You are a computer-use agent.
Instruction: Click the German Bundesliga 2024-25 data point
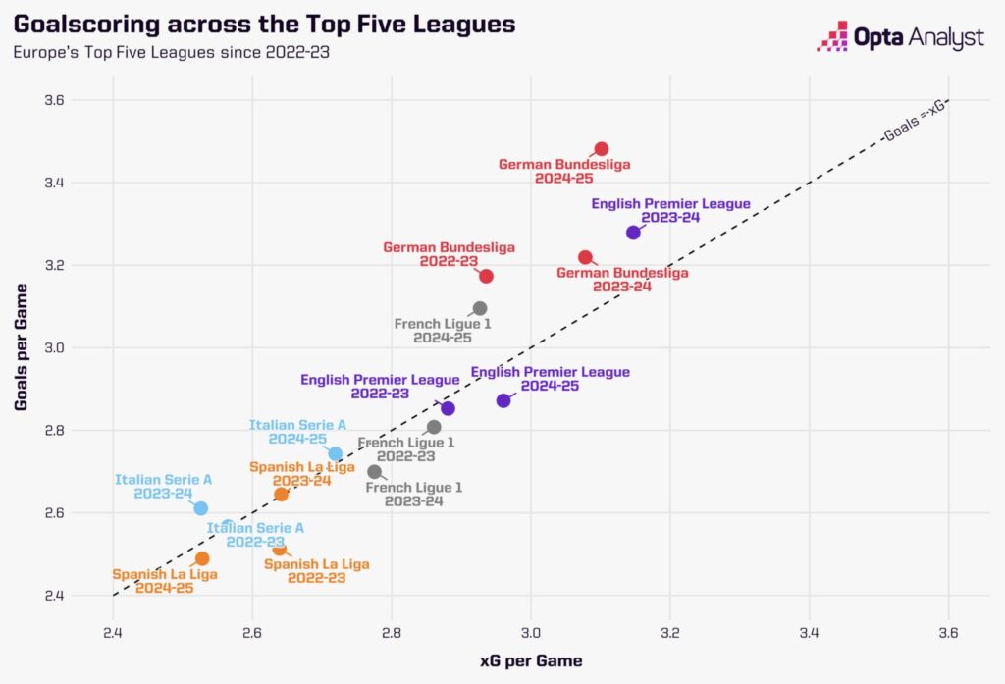[x=602, y=149]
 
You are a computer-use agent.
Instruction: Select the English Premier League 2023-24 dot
[x=633, y=233]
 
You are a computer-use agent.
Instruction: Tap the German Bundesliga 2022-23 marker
[x=486, y=276]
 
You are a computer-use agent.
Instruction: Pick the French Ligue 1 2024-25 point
[x=480, y=308]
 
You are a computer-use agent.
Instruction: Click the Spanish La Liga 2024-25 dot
[x=202, y=558]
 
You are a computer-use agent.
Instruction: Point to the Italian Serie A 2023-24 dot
[x=201, y=508]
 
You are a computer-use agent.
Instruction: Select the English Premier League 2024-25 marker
[x=503, y=400]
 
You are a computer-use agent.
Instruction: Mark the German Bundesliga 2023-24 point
[x=586, y=257]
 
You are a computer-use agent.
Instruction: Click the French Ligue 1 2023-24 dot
[x=374, y=472]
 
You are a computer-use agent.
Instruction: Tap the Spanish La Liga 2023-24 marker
[x=282, y=494]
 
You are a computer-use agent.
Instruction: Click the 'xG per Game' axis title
[x=531, y=661]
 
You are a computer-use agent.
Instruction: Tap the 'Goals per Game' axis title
[x=21, y=347]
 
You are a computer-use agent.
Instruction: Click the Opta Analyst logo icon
[x=833, y=36]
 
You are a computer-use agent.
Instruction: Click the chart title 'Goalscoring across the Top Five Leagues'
[x=263, y=24]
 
